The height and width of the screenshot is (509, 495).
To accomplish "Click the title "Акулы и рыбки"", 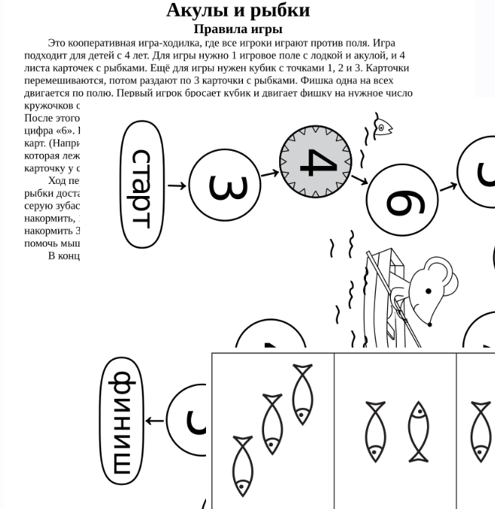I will (x=238, y=11).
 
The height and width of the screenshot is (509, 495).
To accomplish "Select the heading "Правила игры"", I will (x=238, y=29).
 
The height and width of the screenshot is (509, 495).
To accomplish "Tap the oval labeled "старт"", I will (x=142, y=186).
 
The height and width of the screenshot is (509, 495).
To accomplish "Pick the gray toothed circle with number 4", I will (x=315, y=162).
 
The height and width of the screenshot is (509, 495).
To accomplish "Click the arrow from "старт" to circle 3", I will (x=177, y=186).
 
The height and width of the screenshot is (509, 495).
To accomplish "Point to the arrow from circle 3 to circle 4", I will (x=269, y=174).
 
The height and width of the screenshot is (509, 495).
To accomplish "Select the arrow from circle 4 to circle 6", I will (x=359, y=179).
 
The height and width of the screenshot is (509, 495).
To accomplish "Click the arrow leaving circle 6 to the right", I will (x=447, y=186).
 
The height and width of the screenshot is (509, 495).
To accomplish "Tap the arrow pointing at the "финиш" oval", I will (x=154, y=421).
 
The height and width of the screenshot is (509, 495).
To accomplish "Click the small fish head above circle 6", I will (x=383, y=127).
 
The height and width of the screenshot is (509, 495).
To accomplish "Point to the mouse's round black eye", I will (x=429, y=290).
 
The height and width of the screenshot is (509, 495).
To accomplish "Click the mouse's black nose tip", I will (x=429, y=324).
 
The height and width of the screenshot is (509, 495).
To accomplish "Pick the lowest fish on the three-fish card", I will (x=242, y=465).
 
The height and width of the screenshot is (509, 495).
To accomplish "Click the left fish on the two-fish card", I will (x=375, y=431).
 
